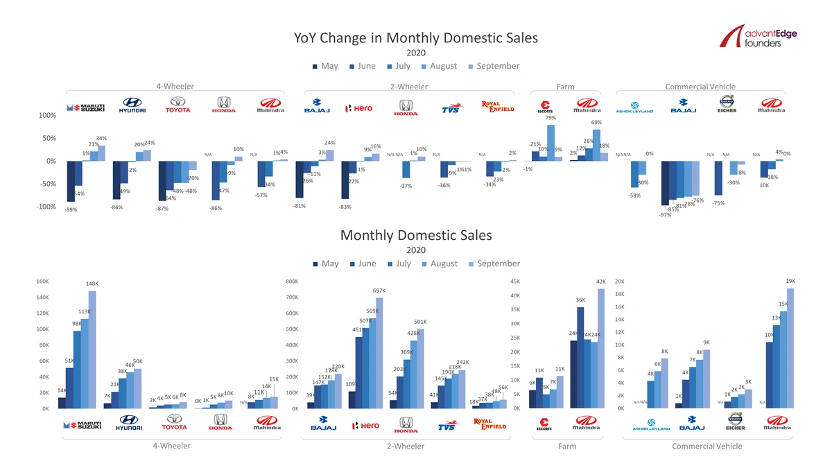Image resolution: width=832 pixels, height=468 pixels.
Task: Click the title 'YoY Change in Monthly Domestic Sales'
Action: (416, 37)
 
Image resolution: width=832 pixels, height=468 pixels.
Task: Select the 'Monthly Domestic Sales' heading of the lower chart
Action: (416, 235)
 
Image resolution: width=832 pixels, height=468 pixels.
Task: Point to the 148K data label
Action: (92, 284)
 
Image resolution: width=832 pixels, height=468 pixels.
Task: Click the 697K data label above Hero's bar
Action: (379, 291)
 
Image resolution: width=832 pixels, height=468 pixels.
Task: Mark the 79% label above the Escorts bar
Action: (551, 118)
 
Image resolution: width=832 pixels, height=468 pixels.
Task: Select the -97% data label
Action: (665, 215)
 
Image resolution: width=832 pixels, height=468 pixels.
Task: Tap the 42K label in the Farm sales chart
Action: (600, 281)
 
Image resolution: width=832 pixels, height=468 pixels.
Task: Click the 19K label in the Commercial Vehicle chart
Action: (790, 281)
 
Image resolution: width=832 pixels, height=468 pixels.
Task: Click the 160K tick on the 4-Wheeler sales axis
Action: (42, 282)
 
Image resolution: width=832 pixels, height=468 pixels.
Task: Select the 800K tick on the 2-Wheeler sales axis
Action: (291, 282)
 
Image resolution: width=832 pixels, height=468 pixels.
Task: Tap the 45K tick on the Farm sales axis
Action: (513, 282)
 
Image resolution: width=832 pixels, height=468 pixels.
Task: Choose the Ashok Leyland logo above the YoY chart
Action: (634, 110)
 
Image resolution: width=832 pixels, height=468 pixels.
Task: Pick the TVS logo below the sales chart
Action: (450, 426)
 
